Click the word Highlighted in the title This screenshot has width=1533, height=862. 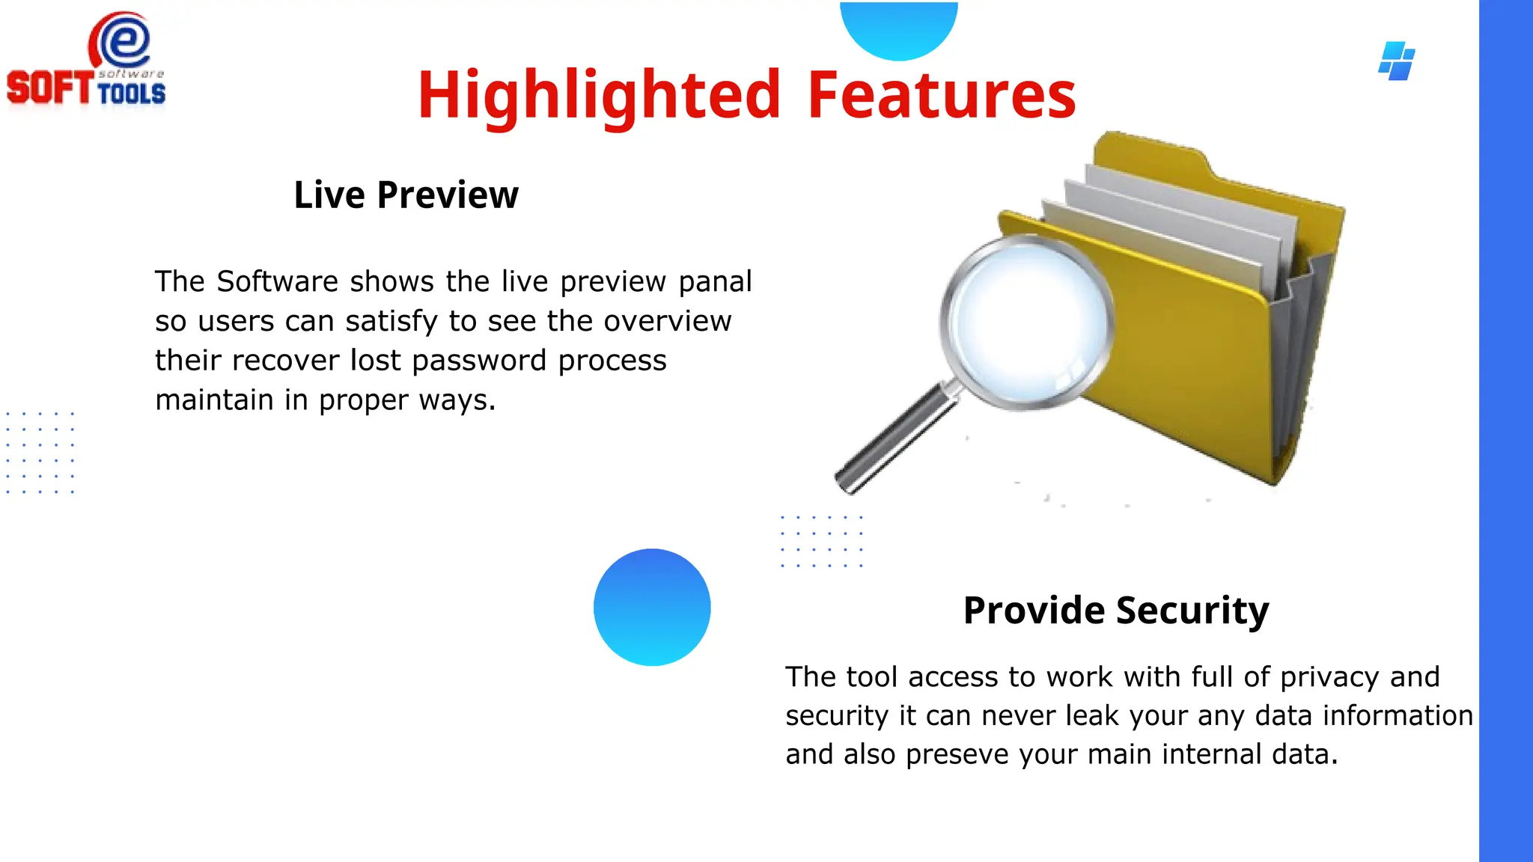click(599, 95)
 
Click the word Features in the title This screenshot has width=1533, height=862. click(941, 95)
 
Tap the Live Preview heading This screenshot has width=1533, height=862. click(406, 195)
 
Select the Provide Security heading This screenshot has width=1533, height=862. click(1115, 610)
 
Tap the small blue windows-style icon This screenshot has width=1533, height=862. click(1397, 61)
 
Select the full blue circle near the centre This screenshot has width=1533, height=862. click(652, 607)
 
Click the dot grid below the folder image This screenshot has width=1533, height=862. click(821, 541)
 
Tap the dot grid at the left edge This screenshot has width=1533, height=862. click(40, 452)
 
